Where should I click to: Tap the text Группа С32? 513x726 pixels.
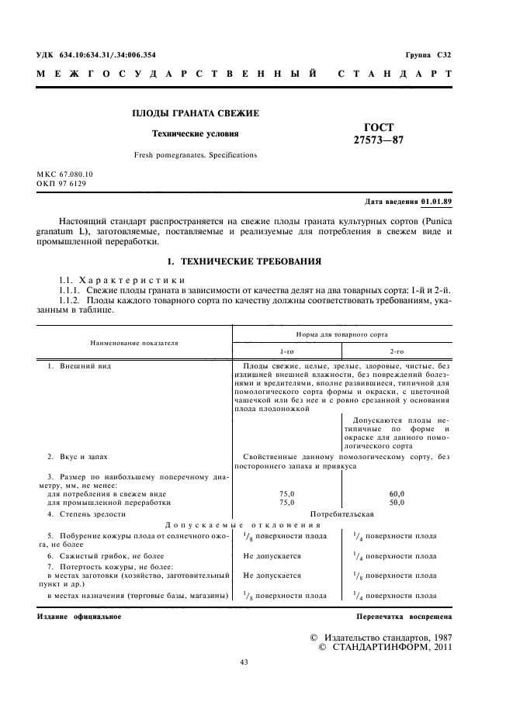click(x=428, y=55)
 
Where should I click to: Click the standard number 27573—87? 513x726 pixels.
click(x=379, y=140)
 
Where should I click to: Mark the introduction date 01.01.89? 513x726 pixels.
click(x=437, y=202)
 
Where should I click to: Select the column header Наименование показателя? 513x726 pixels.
click(x=134, y=341)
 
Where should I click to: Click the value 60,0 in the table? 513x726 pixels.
click(x=397, y=493)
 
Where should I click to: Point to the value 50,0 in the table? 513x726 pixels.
click(x=397, y=503)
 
